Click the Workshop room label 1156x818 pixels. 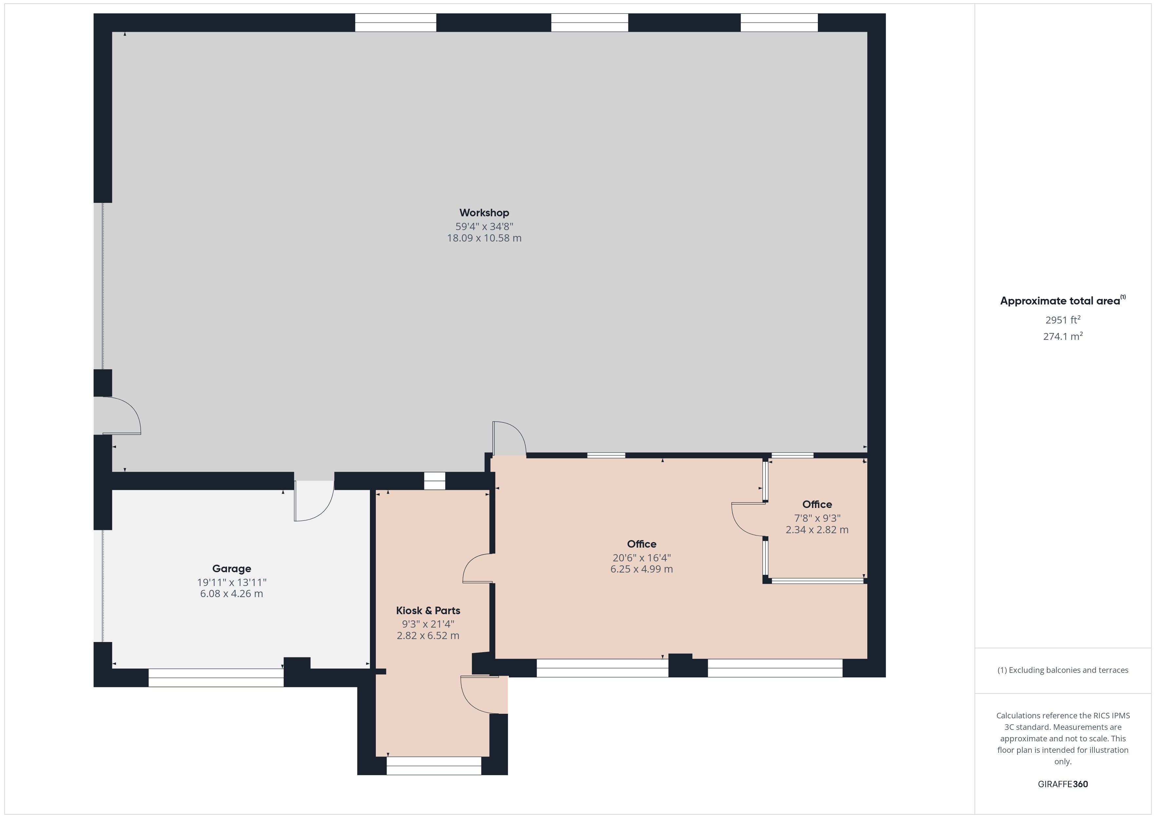(484, 213)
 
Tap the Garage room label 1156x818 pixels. (232, 569)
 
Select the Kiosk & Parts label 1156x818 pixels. (428, 611)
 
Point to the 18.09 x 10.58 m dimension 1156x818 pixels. (484, 238)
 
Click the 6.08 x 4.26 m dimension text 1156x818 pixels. (232, 594)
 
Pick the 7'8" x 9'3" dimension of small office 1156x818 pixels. (817, 518)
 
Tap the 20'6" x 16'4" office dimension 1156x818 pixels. (642, 557)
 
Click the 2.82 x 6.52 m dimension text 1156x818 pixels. (428, 636)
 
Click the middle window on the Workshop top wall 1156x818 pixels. (589, 23)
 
